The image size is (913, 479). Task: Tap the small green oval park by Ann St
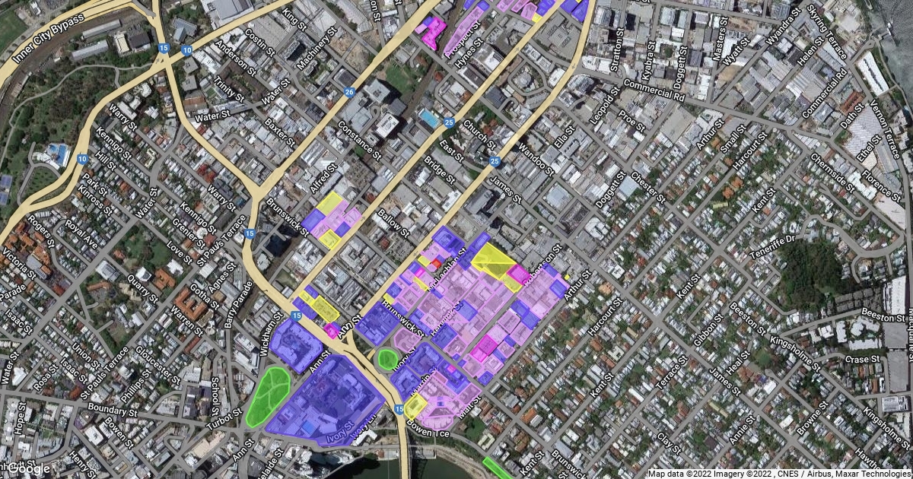[x=388, y=359]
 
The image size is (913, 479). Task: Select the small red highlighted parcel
[x=436, y=263]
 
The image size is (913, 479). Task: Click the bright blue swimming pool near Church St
[x=429, y=119]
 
